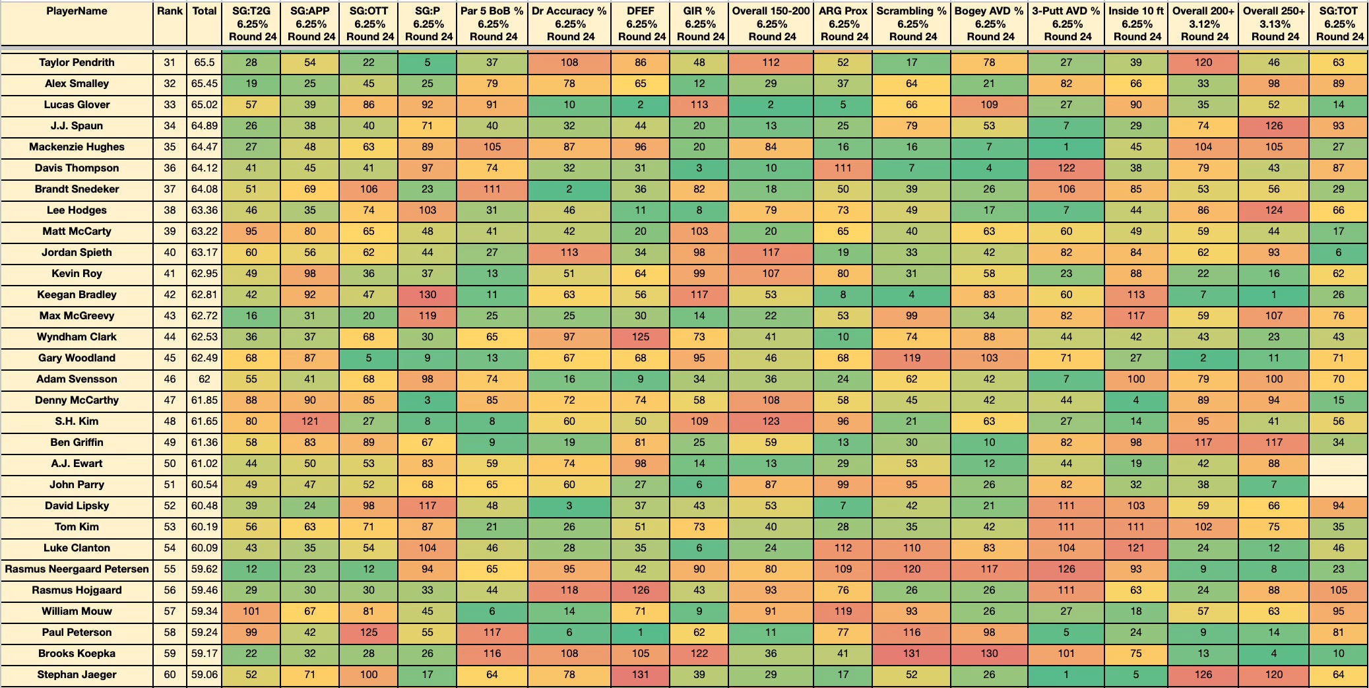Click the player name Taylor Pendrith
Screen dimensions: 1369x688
click(77, 63)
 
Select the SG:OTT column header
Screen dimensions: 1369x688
click(369, 24)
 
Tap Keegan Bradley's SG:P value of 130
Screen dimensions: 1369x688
click(428, 295)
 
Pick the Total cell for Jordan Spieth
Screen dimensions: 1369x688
click(205, 253)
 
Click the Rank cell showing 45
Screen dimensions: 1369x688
click(170, 358)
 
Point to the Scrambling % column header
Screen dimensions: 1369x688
click(912, 24)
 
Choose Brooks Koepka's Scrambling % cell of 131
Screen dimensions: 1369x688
click(912, 654)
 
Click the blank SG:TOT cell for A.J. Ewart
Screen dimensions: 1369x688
click(1339, 464)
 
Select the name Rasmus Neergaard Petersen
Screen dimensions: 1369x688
click(77, 569)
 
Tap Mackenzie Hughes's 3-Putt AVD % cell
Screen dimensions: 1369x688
click(1066, 147)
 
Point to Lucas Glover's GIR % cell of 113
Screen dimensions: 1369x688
click(699, 105)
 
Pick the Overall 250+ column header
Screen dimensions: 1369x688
click(1274, 24)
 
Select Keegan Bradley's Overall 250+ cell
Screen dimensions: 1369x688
click(1274, 295)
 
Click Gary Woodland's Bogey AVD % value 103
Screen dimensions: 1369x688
click(989, 358)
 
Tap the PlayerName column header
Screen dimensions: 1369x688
click(77, 11)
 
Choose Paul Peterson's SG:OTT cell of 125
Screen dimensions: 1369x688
click(369, 633)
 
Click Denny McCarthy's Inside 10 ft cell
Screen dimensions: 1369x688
click(1136, 400)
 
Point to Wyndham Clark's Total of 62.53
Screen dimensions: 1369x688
click(205, 337)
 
